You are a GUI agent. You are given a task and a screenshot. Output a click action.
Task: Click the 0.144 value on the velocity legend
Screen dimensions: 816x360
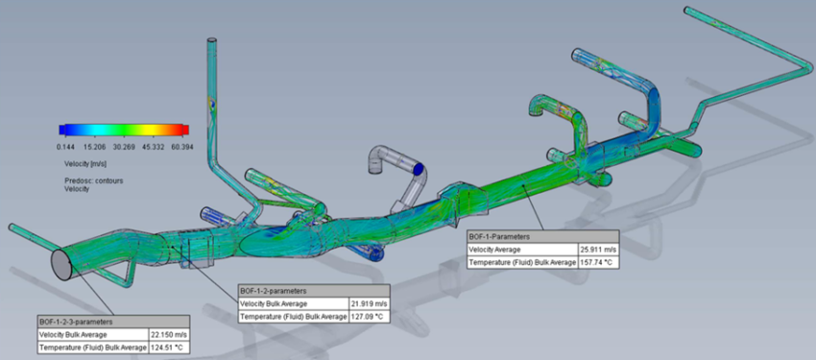(65, 147)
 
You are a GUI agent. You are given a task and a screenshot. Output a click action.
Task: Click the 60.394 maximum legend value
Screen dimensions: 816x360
(182, 147)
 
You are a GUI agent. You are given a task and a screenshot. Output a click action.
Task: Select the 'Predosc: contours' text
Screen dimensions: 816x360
(94, 180)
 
